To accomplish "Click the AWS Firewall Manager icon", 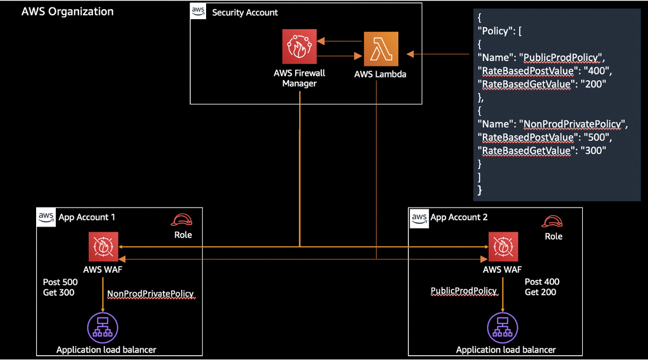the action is pyautogui.click(x=300, y=46).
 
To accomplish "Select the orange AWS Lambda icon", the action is pyautogui.click(x=381, y=49).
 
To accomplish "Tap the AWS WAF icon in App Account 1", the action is pyautogui.click(x=103, y=247).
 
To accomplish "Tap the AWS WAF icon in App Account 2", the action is pyautogui.click(x=504, y=247).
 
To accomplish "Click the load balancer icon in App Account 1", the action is pyautogui.click(x=103, y=328).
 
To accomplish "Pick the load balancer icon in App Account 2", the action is pyautogui.click(x=502, y=328).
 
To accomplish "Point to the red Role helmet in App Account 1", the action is pyautogui.click(x=182, y=220).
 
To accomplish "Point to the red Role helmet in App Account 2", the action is pyautogui.click(x=552, y=221).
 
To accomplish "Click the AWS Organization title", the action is pyautogui.click(x=67, y=12).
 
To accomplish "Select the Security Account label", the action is pyautogui.click(x=245, y=12).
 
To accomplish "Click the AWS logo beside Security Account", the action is pyautogui.click(x=198, y=11).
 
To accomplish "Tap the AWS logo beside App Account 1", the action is pyautogui.click(x=46, y=218).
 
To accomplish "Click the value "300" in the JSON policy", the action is pyautogui.click(x=594, y=151).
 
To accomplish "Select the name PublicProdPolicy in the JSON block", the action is pyautogui.click(x=561, y=57).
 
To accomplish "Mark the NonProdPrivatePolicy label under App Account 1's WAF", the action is pyautogui.click(x=150, y=294).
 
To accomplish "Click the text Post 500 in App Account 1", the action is pyautogui.click(x=60, y=282).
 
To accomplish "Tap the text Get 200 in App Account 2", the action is pyautogui.click(x=540, y=292).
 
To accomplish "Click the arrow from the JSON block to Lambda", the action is pyautogui.click(x=438, y=54).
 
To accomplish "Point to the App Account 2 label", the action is pyautogui.click(x=459, y=217).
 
